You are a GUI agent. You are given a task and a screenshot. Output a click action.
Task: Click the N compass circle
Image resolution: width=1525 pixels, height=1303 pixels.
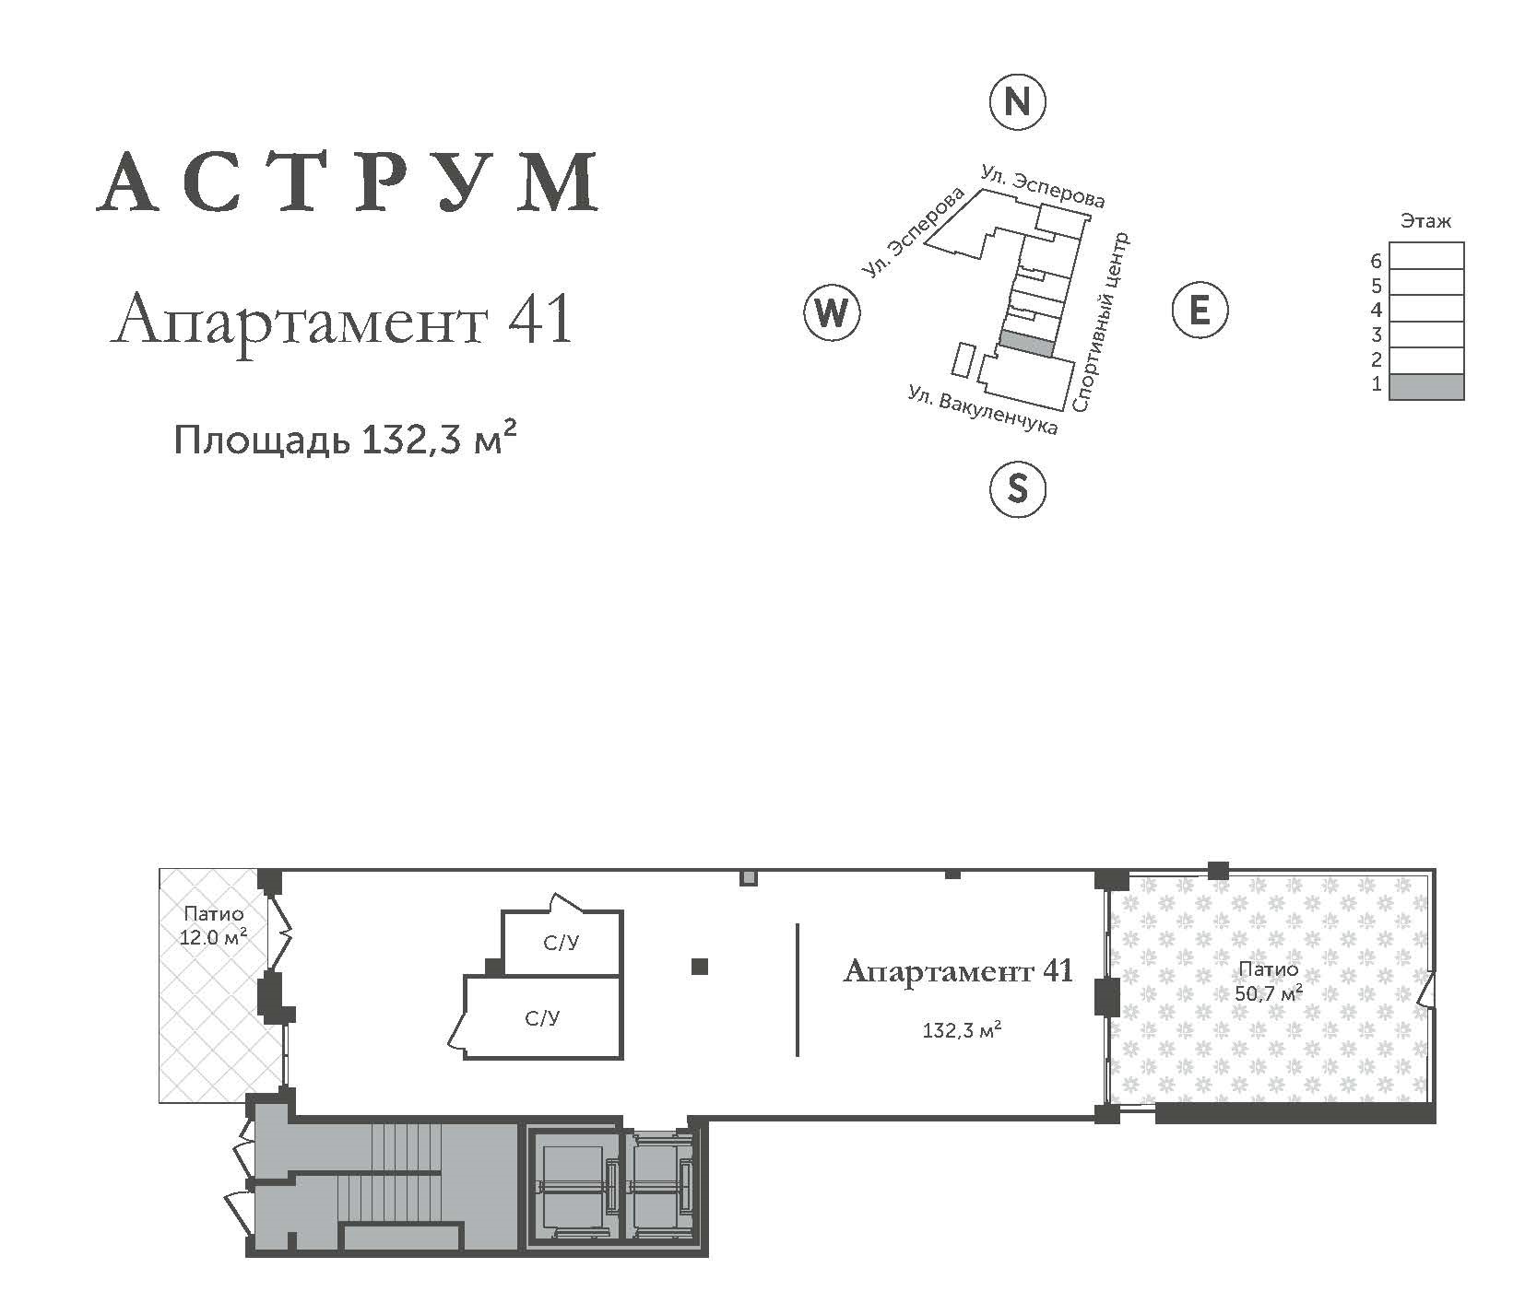pyautogui.click(x=1016, y=100)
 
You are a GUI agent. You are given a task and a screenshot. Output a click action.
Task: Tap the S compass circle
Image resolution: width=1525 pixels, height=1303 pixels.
pyautogui.click(x=1016, y=487)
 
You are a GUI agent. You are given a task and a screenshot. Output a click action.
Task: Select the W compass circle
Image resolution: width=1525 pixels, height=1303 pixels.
pyautogui.click(x=831, y=312)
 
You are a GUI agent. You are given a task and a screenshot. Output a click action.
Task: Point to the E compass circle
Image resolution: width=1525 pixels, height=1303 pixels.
pyautogui.click(x=1200, y=309)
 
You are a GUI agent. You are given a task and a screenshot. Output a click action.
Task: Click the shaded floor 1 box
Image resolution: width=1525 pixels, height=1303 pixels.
pyautogui.click(x=1426, y=386)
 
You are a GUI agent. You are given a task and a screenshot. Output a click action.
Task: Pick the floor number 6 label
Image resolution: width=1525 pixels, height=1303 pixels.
pyautogui.click(x=1376, y=261)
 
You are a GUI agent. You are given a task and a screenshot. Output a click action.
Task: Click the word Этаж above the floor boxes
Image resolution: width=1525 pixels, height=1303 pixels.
pyautogui.click(x=1425, y=221)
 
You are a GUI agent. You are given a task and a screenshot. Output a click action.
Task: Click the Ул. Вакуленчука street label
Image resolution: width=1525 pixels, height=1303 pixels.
pyautogui.click(x=983, y=409)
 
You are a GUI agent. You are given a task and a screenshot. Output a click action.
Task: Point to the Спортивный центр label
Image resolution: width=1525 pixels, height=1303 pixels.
pyautogui.click(x=1101, y=323)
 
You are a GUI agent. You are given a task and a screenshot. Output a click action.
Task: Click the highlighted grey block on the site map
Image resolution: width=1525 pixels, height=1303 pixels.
pyautogui.click(x=1026, y=343)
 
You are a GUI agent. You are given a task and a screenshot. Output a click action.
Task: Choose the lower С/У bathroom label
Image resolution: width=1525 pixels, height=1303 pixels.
pyautogui.click(x=542, y=1017)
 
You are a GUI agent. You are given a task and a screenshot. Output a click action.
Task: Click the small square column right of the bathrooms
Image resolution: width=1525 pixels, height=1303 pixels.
pyautogui.click(x=700, y=966)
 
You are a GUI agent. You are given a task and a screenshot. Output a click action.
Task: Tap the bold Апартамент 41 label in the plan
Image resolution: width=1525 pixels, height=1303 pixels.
pyautogui.click(x=958, y=970)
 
